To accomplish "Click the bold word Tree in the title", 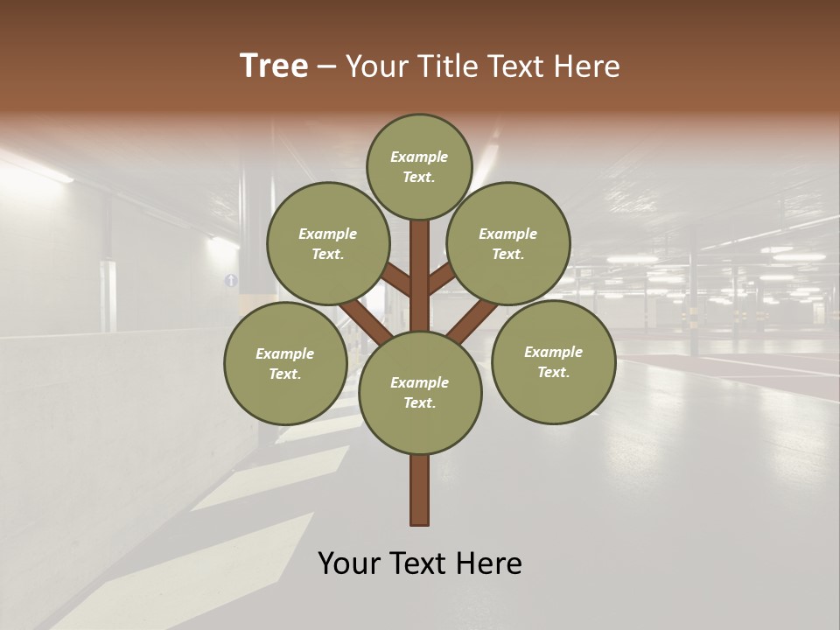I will (x=274, y=66).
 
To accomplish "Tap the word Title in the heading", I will (x=445, y=66).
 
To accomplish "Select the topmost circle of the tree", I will (x=419, y=166).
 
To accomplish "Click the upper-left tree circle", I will (x=328, y=243).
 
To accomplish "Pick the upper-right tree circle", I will (x=508, y=243).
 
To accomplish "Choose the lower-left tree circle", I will (x=285, y=364).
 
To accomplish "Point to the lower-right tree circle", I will (x=553, y=362).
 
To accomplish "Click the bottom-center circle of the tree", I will (x=420, y=392).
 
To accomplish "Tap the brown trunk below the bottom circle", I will (x=420, y=490).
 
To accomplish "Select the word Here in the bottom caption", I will (x=490, y=563).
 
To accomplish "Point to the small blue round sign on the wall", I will (x=231, y=280).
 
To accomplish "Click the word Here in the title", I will (x=588, y=66).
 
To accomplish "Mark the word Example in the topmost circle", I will (x=419, y=157).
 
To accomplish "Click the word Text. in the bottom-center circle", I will (x=419, y=402).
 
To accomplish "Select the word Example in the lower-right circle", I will (x=553, y=352).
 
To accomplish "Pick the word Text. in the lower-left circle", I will (x=285, y=374).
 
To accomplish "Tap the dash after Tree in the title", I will (x=327, y=66).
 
